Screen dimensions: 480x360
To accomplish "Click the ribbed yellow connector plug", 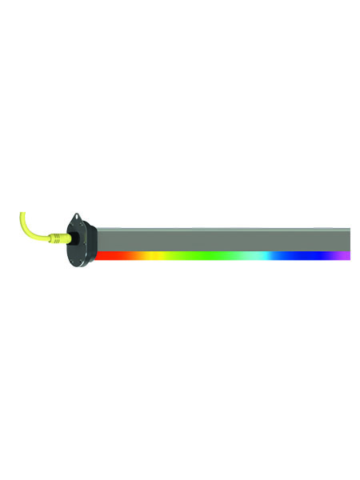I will click(58, 238).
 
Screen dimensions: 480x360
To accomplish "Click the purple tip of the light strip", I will click(345, 255).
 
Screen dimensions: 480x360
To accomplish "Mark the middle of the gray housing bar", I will click(224, 239).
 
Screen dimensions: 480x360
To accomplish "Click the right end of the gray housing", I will click(347, 239).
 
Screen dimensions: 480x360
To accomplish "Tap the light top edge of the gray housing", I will click(224, 229).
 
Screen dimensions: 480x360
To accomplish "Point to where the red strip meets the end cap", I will click(97, 255).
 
